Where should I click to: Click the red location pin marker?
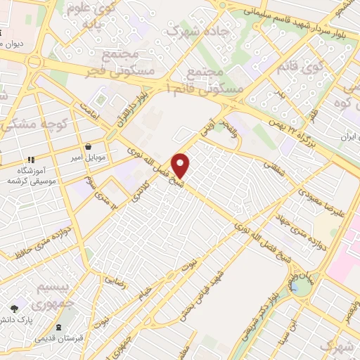click(x=181, y=165)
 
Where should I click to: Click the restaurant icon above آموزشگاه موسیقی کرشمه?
click(x=31, y=160)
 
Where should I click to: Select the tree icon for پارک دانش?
click(x=14, y=308)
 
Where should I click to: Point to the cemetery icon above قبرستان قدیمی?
click(x=59, y=326)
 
